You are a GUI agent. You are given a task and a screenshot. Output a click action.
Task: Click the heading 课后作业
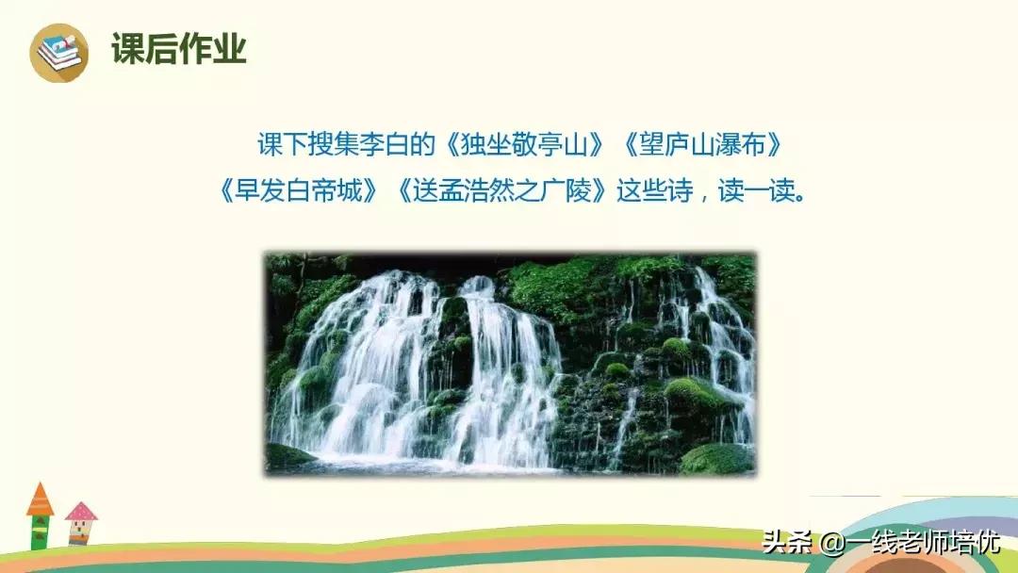(x=178, y=49)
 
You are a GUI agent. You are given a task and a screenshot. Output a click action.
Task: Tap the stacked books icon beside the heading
(x=58, y=53)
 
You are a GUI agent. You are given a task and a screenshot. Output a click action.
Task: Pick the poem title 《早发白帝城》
(x=300, y=191)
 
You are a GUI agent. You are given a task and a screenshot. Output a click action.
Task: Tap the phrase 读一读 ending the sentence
(x=754, y=191)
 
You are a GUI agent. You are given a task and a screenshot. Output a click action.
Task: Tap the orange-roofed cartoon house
(x=40, y=515)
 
